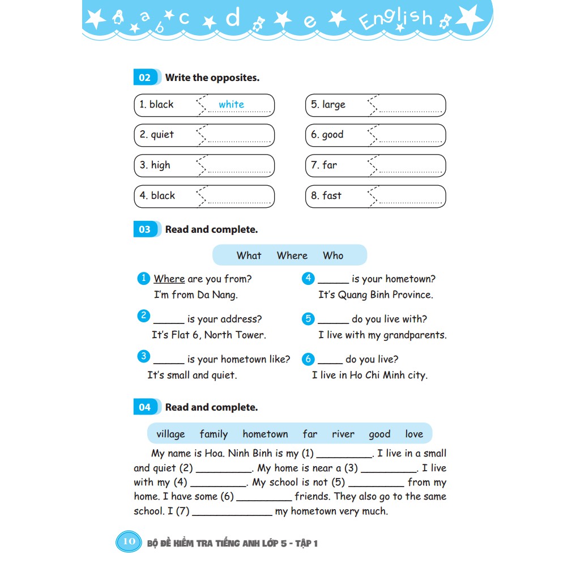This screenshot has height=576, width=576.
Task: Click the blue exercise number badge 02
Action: click(x=144, y=78)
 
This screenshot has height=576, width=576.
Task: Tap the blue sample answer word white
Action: click(x=231, y=104)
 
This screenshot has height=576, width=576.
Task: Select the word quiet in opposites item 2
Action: click(x=163, y=135)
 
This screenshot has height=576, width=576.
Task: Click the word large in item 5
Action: click(x=334, y=105)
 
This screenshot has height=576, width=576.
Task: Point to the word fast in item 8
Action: click(x=332, y=195)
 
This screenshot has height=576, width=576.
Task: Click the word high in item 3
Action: click(x=160, y=165)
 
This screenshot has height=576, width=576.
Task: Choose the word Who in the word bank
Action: click(x=333, y=255)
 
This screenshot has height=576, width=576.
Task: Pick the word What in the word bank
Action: click(x=249, y=255)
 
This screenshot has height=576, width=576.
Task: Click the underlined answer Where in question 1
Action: click(x=169, y=279)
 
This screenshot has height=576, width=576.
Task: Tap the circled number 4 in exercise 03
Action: click(x=308, y=278)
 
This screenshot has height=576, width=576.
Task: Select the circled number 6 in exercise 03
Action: click(x=308, y=359)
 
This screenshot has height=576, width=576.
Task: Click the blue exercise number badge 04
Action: click(x=144, y=407)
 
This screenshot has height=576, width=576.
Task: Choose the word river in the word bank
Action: click(x=343, y=434)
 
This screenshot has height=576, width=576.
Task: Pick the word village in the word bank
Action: click(x=170, y=434)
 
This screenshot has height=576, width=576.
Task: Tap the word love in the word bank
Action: click(x=414, y=434)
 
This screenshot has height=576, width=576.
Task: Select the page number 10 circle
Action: click(x=129, y=541)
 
